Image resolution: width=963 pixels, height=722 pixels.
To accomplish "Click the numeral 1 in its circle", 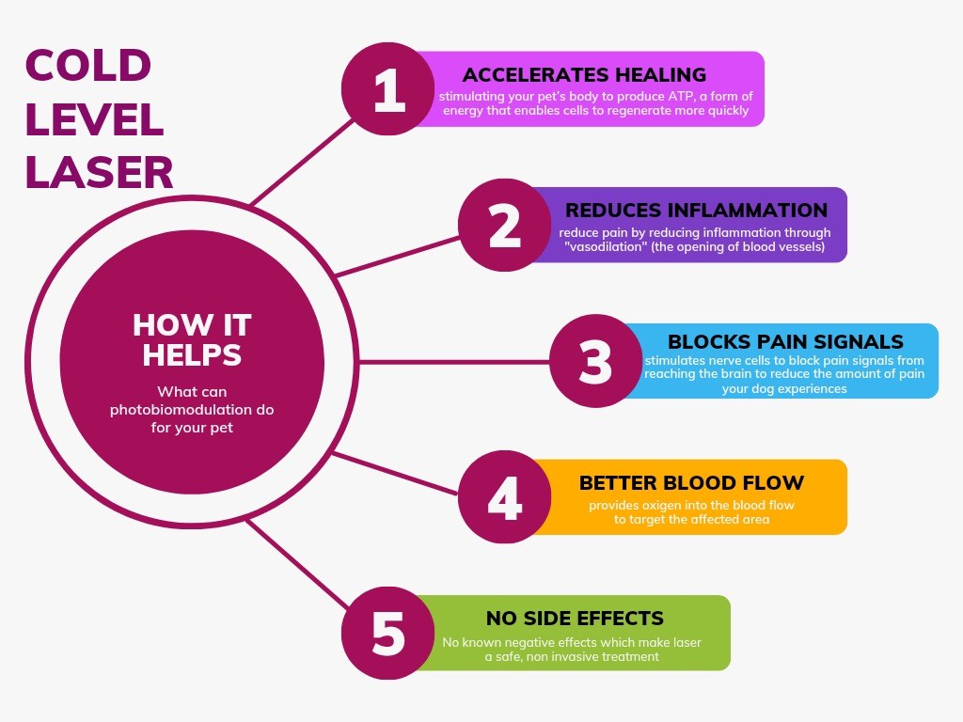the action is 388,89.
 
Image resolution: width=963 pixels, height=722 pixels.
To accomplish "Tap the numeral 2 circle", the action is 504,225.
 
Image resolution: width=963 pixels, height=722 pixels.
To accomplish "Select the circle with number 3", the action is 595,361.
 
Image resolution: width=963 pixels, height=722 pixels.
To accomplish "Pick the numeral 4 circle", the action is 504,496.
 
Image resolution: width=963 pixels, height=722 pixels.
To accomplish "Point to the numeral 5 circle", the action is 388,633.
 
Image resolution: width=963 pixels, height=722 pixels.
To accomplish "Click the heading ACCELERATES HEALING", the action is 584,75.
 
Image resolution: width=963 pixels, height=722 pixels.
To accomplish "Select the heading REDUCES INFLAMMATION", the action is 697,210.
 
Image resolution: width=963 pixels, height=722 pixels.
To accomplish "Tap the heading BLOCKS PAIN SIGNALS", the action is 785,341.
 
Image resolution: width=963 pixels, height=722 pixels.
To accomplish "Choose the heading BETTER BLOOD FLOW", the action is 691,482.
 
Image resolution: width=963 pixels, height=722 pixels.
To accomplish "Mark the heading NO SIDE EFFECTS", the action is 575,618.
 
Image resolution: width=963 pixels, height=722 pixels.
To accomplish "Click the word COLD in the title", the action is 87,66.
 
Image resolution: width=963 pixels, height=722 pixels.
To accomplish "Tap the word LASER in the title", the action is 100,172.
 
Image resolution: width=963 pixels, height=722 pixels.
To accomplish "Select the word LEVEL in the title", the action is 95,119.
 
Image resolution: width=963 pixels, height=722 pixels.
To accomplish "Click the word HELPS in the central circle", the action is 192,354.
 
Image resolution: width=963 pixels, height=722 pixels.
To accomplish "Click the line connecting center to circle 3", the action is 454,362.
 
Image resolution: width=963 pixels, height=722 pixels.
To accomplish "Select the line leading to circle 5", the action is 297,564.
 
